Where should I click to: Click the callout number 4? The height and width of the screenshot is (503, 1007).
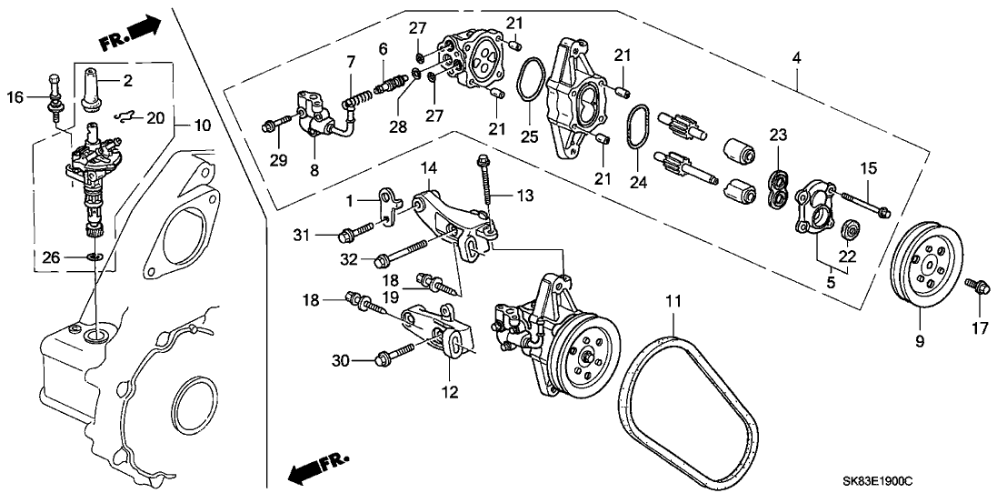tap(796, 58)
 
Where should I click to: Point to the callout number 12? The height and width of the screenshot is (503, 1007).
tap(451, 393)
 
